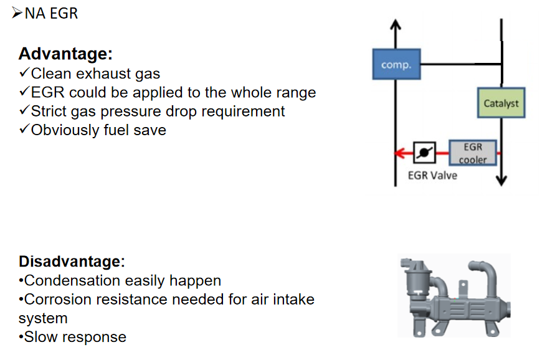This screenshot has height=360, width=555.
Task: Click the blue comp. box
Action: click(x=396, y=64)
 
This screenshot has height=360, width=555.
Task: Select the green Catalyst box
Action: click(x=501, y=103)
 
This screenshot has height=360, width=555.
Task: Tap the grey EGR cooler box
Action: click(x=473, y=153)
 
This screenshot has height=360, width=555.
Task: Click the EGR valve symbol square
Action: click(x=424, y=153)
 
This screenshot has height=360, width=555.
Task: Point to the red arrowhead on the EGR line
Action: click(x=399, y=153)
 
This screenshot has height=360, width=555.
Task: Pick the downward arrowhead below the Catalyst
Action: click(x=501, y=181)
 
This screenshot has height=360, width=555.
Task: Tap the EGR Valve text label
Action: click(x=432, y=176)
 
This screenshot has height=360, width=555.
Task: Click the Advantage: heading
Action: click(x=65, y=54)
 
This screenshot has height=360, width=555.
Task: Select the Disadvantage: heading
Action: click(x=72, y=262)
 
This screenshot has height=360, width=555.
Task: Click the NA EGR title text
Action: click(x=51, y=14)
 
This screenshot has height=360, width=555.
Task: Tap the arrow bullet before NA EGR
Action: click(x=17, y=12)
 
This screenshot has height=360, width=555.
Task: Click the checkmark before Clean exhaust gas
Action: click(x=24, y=73)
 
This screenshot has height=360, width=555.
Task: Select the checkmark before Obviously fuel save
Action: click(x=24, y=129)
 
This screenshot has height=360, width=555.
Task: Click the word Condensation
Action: click(x=72, y=281)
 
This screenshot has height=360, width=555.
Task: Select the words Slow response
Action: click(x=75, y=337)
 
